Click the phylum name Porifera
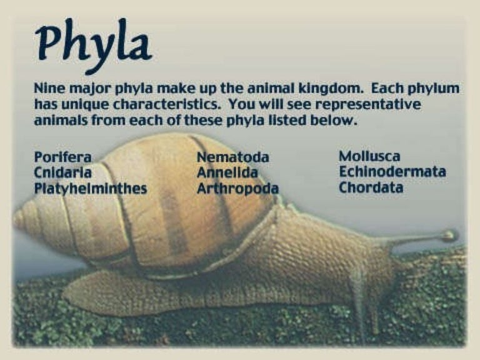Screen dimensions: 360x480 [x=62, y=157]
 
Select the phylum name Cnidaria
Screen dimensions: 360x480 [x=62, y=172]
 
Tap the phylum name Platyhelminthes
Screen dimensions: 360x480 [x=91, y=188]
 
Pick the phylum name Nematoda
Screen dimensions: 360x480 [x=233, y=157]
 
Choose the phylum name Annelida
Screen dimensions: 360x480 [x=227, y=172]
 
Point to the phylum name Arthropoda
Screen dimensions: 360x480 [x=237, y=188]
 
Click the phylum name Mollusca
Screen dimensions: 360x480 [x=369, y=156]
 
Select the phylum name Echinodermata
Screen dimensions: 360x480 [x=392, y=172]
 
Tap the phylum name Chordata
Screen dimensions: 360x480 [x=371, y=187]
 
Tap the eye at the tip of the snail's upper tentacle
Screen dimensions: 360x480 [x=447, y=236]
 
